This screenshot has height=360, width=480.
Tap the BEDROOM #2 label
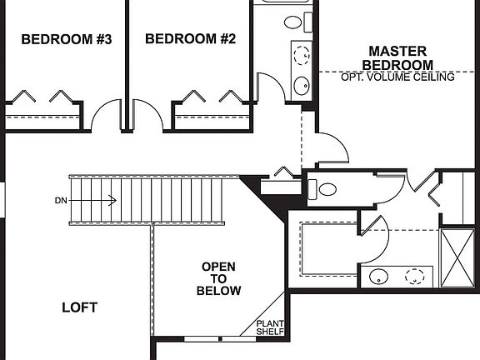(x=191, y=38)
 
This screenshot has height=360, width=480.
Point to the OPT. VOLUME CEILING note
(x=397, y=77)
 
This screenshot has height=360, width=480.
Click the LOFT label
(x=80, y=307)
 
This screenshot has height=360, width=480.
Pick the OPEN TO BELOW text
(x=218, y=279)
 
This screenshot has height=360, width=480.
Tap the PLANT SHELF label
(x=270, y=327)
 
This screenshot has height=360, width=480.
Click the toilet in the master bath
(x=327, y=189)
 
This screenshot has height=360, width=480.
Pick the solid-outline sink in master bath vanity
(x=379, y=277)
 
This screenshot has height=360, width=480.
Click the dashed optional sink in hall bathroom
(x=302, y=56)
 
